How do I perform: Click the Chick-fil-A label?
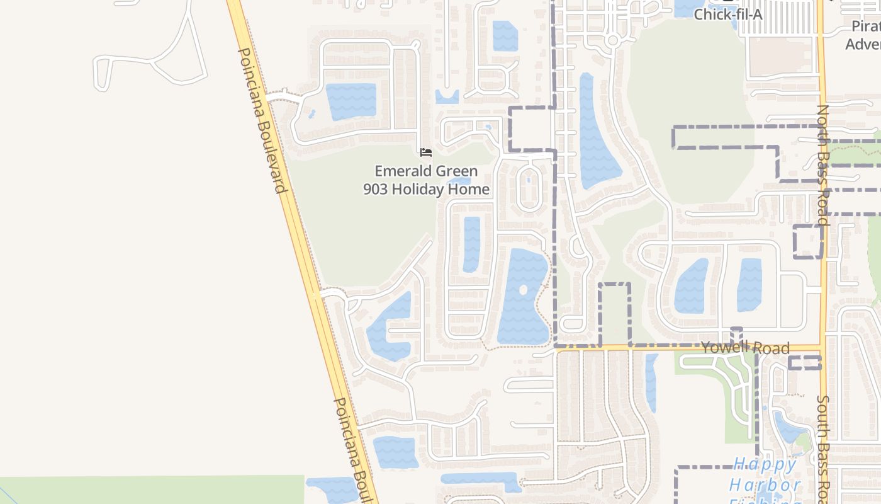[x=727, y=14]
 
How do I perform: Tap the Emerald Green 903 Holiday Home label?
[x=426, y=180]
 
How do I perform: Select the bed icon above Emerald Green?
[x=426, y=152]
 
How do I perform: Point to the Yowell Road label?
[x=745, y=348]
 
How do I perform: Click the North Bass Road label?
[x=824, y=165]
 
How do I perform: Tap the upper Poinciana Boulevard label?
[x=263, y=120]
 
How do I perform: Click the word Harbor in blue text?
[x=765, y=485]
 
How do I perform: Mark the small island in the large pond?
[x=524, y=290]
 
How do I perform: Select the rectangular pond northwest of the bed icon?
[x=351, y=101]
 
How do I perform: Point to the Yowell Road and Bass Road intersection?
[x=822, y=347]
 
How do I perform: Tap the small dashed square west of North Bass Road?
[x=808, y=241]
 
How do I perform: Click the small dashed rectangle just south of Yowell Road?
[x=805, y=362]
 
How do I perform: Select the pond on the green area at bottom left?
[x=334, y=489]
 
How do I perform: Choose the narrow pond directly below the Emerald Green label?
[x=471, y=244]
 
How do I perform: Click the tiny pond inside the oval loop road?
[x=528, y=181]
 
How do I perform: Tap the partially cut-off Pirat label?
[x=865, y=26]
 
